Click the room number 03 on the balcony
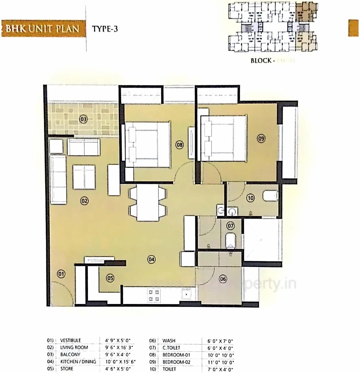[84, 119]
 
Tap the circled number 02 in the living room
[84, 201]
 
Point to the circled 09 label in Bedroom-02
[261, 138]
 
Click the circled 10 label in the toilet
[250, 198]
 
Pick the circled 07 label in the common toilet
[231, 226]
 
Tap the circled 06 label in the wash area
[223, 279]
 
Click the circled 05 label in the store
[110, 278]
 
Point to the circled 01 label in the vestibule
[61, 274]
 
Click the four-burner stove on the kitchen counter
[154, 295]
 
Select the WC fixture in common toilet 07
[231, 240]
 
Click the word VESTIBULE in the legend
[70, 340]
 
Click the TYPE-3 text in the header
[105, 29]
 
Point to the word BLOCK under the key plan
[261, 61]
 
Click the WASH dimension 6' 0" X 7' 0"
[218, 341]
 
